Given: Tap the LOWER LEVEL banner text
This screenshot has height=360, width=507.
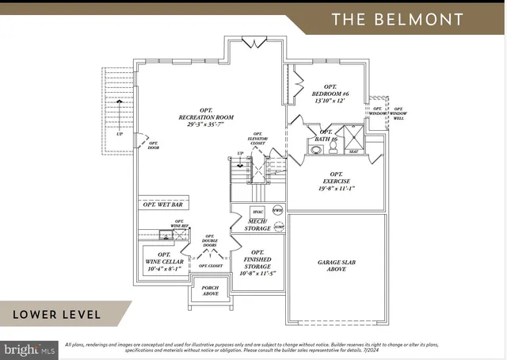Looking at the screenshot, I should [57, 315].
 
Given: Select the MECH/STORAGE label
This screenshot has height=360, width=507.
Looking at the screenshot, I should [257, 225].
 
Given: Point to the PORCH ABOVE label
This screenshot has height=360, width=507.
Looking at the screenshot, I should [211, 290].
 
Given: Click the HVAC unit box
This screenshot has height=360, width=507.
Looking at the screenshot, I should [257, 212].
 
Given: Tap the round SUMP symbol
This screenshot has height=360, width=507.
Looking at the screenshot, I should [278, 226].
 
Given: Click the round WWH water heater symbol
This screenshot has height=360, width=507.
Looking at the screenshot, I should [277, 210].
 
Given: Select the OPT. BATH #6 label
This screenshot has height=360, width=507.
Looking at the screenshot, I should [326, 136].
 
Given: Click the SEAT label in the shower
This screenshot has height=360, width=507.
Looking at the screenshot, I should [353, 151].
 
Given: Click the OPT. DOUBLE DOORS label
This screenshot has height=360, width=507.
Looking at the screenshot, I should [210, 242].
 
